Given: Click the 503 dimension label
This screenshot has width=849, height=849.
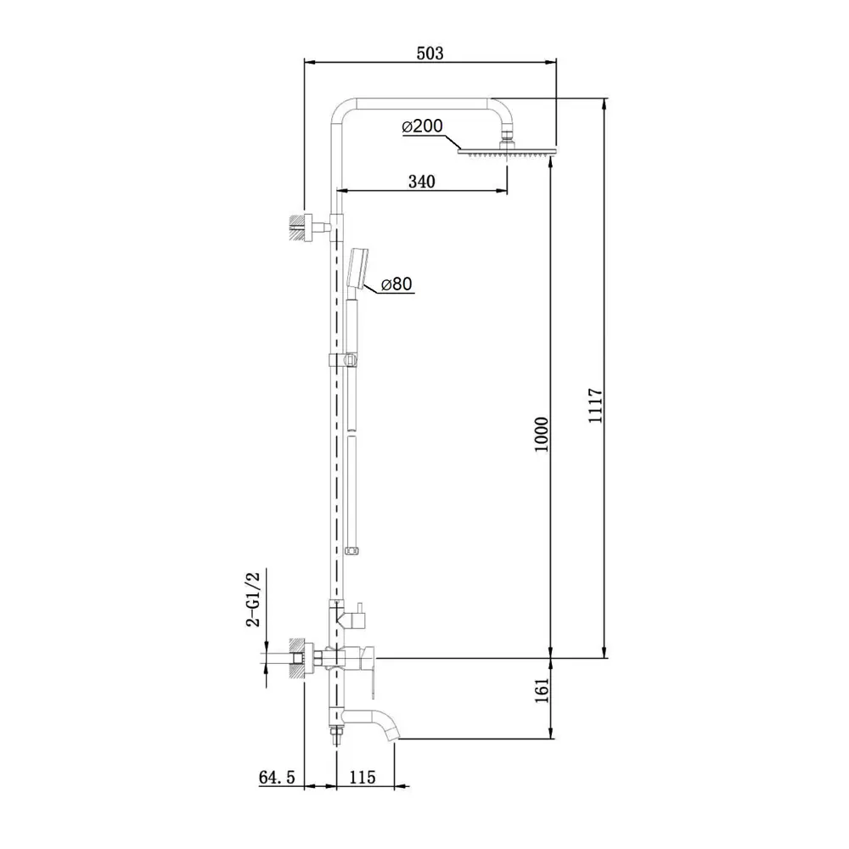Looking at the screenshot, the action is click(x=430, y=53).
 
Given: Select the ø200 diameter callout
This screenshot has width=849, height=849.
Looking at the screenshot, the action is click(x=422, y=127).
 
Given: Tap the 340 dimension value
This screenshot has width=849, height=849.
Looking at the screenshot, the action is click(x=422, y=182).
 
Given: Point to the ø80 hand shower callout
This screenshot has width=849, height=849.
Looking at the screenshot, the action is click(x=396, y=284).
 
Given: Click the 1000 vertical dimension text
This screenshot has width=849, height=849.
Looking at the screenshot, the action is click(x=542, y=434).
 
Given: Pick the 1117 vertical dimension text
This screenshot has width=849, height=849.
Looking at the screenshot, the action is click(x=596, y=406).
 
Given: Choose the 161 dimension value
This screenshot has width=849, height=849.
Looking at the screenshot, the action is click(x=542, y=690).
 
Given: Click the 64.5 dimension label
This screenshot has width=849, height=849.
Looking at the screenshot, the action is click(x=277, y=777).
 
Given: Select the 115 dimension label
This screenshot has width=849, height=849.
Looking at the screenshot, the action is click(x=363, y=777).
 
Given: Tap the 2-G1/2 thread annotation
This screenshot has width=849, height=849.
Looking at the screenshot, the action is click(x=253, y=599).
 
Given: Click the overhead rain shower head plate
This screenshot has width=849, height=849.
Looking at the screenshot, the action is click(x=507, y=152).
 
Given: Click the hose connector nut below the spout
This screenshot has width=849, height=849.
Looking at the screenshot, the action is click(x=337, y=735).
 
